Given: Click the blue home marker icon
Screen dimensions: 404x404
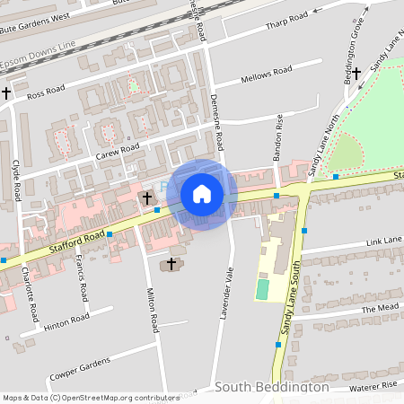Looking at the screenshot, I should [x=202, y=194].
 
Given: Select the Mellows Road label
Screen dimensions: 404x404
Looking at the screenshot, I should [x=267, y=75].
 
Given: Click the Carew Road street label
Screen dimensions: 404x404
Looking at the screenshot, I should [x=118, y=153].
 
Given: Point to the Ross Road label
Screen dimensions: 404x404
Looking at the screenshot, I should [x=47, y=92].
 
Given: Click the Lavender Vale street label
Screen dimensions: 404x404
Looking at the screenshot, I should [x=229, y=286].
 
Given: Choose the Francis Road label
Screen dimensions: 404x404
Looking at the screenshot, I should [x=83, y=278].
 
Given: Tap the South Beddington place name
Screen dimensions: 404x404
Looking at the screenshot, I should [x=272, y=387].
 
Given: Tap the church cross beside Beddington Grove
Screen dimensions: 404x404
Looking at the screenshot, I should [x=356, y=72].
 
